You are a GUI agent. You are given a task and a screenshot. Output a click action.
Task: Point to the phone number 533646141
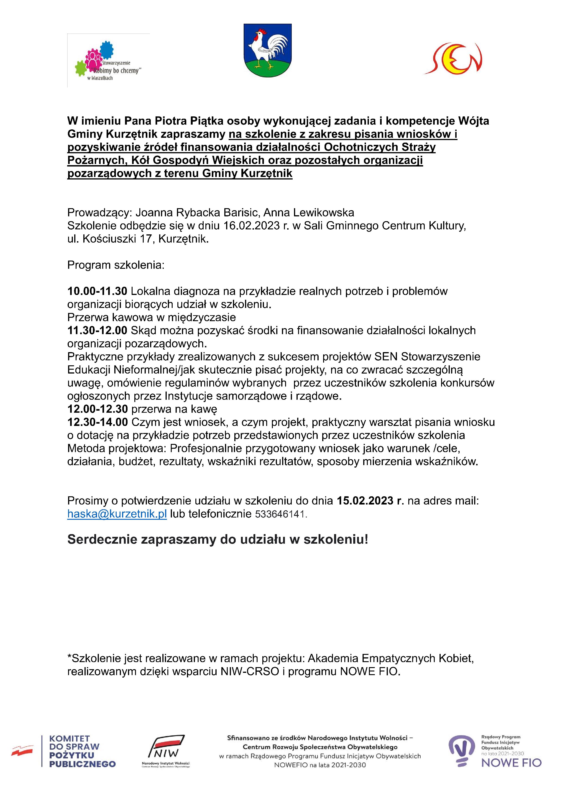point(281,514)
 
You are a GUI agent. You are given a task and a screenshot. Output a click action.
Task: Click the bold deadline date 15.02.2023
point(365,501)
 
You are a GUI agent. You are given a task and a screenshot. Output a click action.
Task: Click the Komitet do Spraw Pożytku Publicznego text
point(82,751)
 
